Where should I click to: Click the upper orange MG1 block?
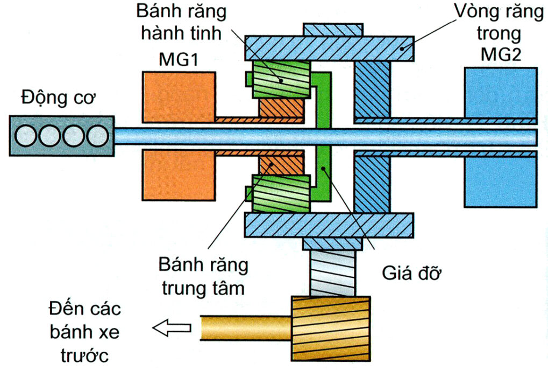pyautogui.click(x=179, y=97)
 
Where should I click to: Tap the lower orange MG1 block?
pyautogui.click(x=179, y=175)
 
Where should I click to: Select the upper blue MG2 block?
pyautogui.click(x=500, y=92)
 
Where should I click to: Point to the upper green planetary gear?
pyautogui.click(x=281, y=79)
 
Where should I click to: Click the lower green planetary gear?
pyautogui.click(x=281, y=193)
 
